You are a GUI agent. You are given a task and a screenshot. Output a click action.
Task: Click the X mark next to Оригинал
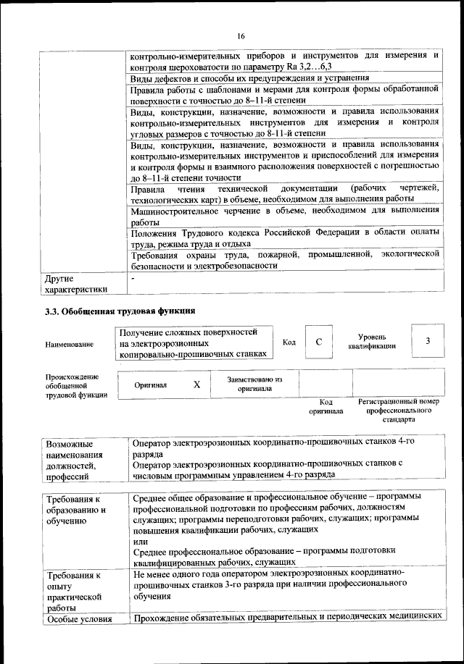196,385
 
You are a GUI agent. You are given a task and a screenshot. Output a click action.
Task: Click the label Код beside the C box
289,342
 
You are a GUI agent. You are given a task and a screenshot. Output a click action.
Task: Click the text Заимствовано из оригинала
254,384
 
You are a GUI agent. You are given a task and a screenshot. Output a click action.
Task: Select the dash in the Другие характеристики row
133,278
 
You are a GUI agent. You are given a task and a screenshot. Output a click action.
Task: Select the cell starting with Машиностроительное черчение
285,217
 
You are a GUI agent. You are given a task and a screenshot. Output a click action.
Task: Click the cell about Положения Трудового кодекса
285,238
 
